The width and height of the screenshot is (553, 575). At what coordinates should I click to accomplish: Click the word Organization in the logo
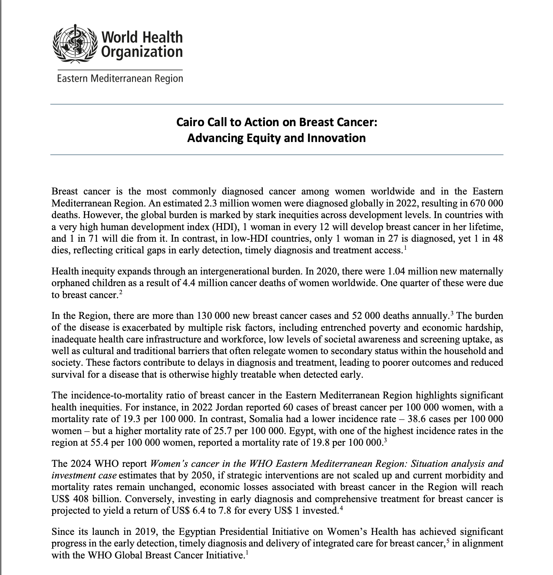pyautogui.click(x=142, y=52)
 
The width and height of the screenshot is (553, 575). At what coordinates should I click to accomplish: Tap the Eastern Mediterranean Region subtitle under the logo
pyautogui.click(x=120, y=79)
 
